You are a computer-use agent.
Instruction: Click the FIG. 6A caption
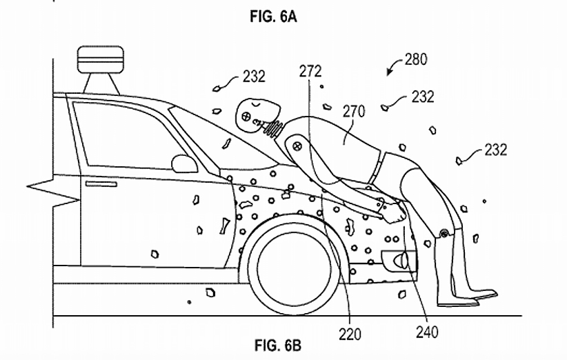tap(273, 17)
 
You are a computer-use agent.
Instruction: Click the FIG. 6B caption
tap(278, 346)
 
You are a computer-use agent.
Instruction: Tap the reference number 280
tap(416, 59)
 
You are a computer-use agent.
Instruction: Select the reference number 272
tap(310, 71)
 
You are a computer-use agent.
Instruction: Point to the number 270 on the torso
tap(354, 112)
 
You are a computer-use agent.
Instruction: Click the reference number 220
tap(350, 334)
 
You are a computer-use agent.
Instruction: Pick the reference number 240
tap(427, 332)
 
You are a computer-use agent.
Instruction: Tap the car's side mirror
tap(184, 163)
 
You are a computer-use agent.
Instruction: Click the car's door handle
tap(101, 184)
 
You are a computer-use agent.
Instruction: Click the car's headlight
tap(400, 260)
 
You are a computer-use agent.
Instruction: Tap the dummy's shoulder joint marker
tap(297, 146)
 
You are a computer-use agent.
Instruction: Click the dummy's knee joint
tap(444, 234)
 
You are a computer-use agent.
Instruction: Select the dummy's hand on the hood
tap(395, 214)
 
